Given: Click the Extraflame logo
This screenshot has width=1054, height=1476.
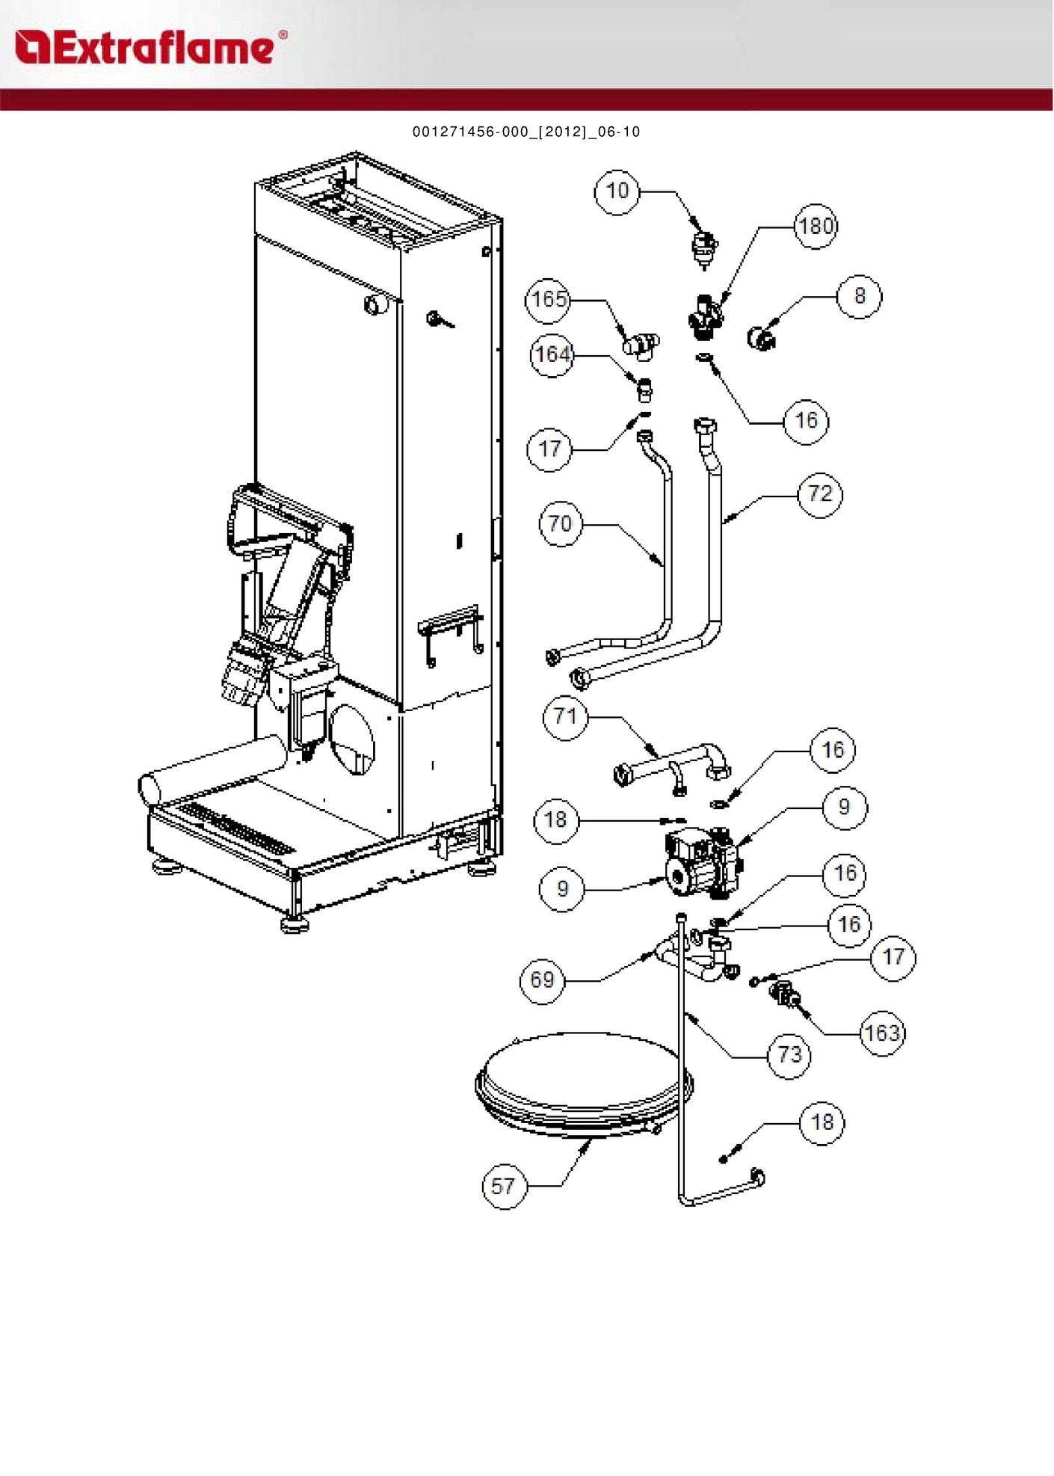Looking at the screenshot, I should [x=150, y=47].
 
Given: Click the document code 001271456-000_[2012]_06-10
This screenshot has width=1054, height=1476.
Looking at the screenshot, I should [x=526, y=132].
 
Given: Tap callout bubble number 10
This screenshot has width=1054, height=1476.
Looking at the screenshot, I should [x=617, y=191].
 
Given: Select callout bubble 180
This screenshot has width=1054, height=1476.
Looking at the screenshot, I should [x=815, y=225].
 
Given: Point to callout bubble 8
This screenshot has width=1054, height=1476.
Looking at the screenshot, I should [x=859, y=296].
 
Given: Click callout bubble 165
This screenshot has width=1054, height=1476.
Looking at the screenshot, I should [x=549, y=300].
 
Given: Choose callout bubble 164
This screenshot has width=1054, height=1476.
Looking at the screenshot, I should [x=552, y=354].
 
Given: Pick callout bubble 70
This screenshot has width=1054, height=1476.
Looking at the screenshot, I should [x=561, y=523].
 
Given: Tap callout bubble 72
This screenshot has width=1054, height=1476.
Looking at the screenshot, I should [x=820, y=493].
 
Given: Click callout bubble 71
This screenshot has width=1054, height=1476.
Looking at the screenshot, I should [x=565, y=717].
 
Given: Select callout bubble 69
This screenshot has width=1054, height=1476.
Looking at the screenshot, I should [x=542, y=980].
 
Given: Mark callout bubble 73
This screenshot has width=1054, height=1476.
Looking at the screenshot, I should [x=789, y=1054].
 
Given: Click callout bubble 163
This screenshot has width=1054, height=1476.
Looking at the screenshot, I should [x=882, y=1033].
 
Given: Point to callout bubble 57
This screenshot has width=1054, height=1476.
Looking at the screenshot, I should [x=503, y=1186].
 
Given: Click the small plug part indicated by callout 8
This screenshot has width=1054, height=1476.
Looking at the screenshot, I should [x=761, y=338].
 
